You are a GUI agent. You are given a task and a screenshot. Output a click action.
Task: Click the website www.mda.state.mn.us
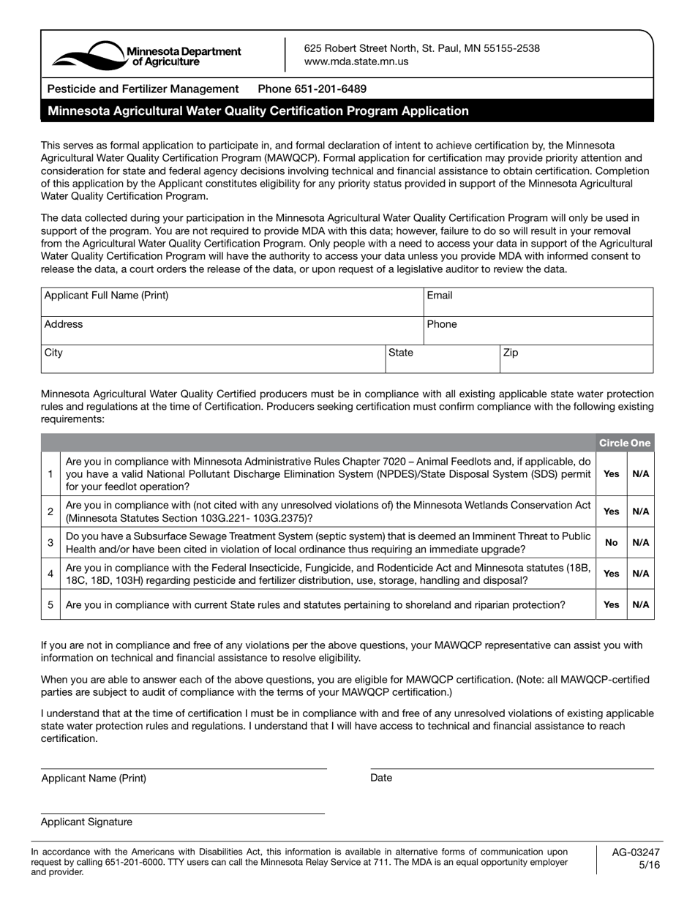click(x=356, y=62)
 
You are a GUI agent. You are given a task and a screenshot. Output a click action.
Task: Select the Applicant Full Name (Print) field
click(x=232, y=301)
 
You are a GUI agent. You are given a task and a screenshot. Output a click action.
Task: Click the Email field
click(x=538, y=301)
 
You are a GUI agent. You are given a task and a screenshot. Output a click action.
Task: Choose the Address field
click(x=232, y=330)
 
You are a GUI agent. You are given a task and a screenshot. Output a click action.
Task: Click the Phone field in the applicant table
click(x=538, y=330)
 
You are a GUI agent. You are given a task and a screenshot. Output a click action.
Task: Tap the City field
click(x=213, y=359)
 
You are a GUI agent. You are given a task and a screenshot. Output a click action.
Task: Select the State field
click(x=442, y=359)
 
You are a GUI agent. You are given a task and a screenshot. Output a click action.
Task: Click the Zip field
click(x=576, y=359)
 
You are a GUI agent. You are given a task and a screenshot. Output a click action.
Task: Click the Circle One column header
click(x=624, y=443)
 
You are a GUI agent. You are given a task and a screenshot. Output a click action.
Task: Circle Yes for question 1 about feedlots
click(x=612, y=474)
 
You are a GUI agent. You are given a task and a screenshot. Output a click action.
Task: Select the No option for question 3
click(x=612, y=543)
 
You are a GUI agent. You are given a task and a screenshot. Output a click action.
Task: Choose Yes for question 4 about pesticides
click(x=612, y=574)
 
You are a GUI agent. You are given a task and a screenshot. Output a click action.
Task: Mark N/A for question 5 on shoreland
click(x=640, y=605)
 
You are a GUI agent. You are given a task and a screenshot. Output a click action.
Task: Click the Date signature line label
click(x=381, y=778)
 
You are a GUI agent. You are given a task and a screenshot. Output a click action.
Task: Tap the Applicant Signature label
click(x=86, y=822)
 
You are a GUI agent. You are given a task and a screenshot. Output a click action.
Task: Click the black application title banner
click(x=347, y=111)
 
